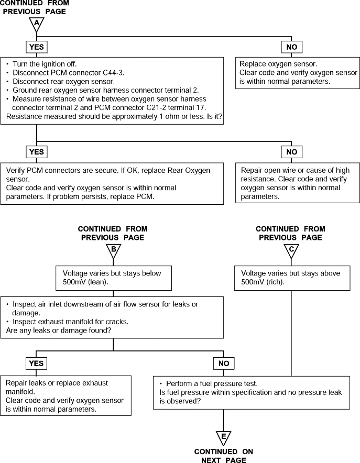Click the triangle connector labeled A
pyautogui.click(x=36, y=24)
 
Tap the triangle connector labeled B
pyautogui.click(x=113, y=251)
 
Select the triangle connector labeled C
pyautogui.click(x=291, y=251)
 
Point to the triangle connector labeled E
pyautogui.click(x=224, y=438)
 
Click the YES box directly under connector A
pyautogui.click(x=36, y=47)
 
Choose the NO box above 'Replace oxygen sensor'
pyautogui.click(x=291, y=47)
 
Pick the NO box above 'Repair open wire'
pyautogui.click(x=291, y=152)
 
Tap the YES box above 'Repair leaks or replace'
pyautogui.click(x=36, y=363)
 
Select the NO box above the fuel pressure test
pyautogui.click(x=224, y=363)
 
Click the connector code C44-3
pyautogui.click(x=113, y=73)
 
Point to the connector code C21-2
pyautogui.click(x=157, y=107)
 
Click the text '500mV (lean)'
pyautogui.click(x=85, y=282)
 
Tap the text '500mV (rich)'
pyautogui.click(x=263, y=282)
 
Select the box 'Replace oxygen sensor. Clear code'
pyautogui.click(x=298, y=73)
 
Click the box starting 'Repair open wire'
pyautogui.click(x=298, y=183)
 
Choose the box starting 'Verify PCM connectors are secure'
pyautogui.click(x=112, y=183)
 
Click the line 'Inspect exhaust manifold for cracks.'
pyautogui.click(x=67, y=322)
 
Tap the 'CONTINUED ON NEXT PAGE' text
pyautogui.click(x=224, y=456)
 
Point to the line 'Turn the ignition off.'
pyautogui.click(x=41, y=64)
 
